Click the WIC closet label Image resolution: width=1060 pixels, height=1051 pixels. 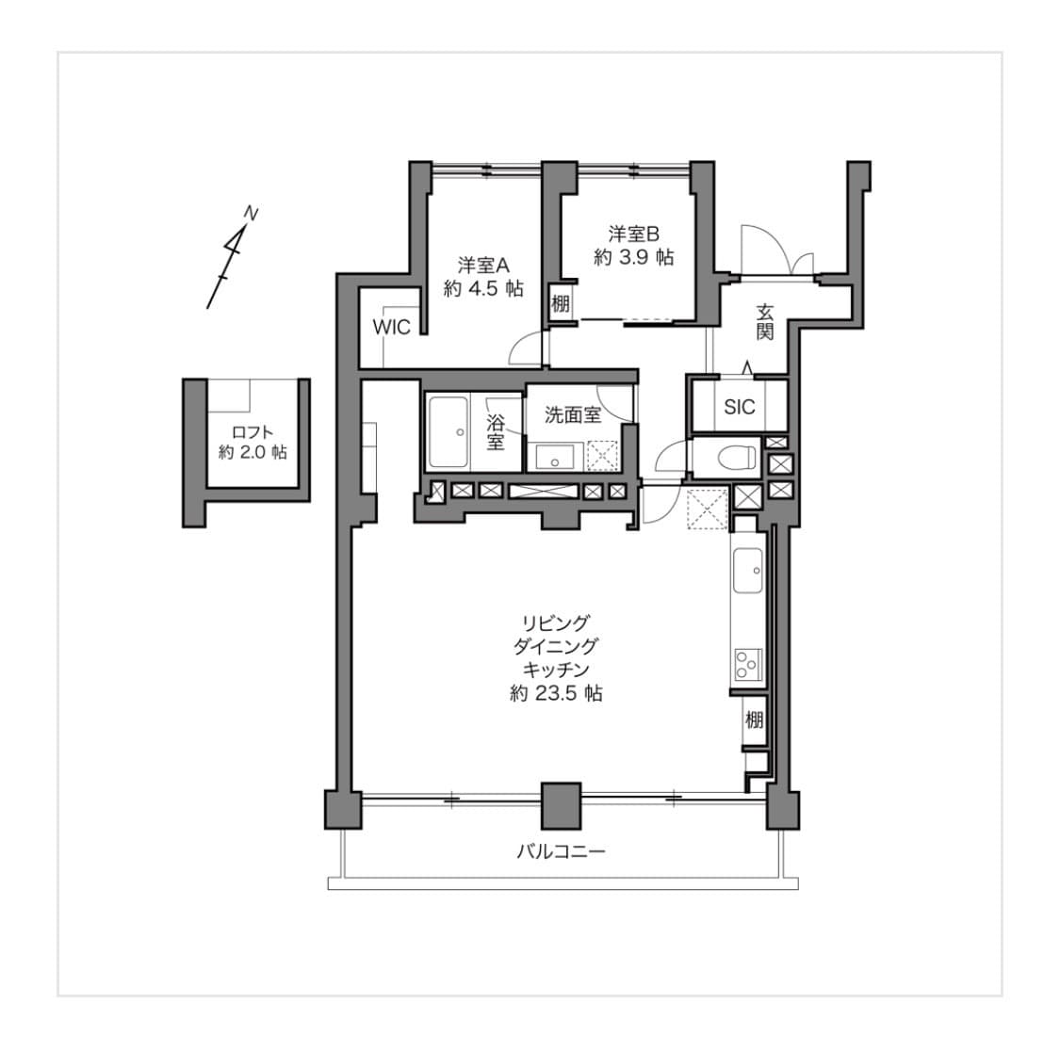tap(391, 327)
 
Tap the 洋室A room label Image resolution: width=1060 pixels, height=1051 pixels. tap(482, 265)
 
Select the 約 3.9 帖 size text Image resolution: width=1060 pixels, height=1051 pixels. tap(633, 257)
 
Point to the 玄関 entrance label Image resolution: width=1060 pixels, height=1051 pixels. tap(764, 322)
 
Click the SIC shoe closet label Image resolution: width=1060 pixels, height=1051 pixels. tap(739, 407)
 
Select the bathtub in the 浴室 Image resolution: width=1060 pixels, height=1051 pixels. tap(448, 432)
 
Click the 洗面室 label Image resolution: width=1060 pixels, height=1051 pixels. tap(573, 414)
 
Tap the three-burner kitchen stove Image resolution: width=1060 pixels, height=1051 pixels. tap(748, 664)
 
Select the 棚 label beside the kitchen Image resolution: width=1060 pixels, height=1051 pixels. tap(754, 720)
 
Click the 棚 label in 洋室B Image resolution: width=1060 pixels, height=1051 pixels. tap(560, 303)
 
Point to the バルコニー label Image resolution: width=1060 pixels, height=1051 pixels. tap(562, 851)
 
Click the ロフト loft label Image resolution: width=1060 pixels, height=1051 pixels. tap(253, 432)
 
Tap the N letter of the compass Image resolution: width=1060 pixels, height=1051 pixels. tap(251, 214)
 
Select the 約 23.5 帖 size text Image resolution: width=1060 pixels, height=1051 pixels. tap(556, 693)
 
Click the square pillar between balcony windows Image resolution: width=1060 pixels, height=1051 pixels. tap(562, 805)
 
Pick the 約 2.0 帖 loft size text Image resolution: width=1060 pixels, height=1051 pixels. tap(253, 452)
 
